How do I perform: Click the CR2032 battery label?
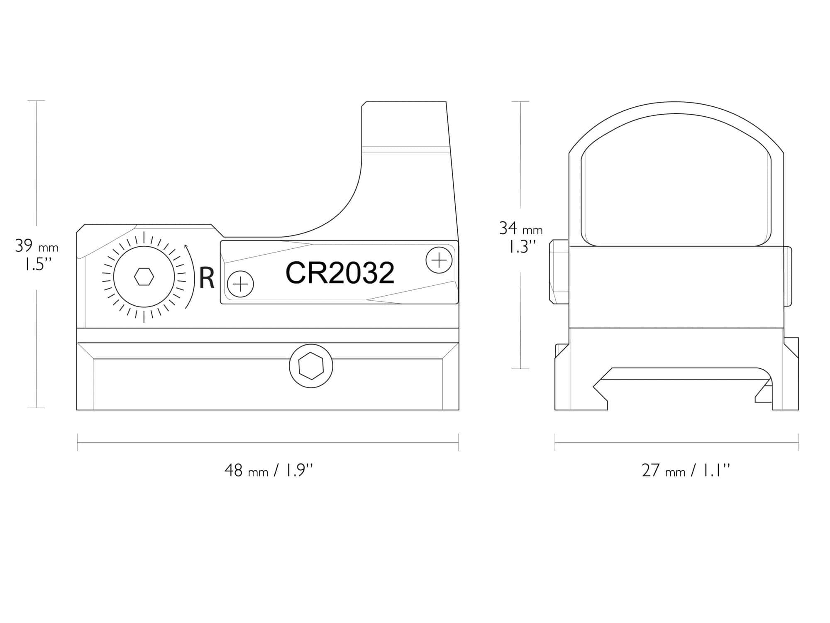pyautogui.click(x=340, y=273)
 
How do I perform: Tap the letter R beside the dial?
pyautogui.click(x=207, y=278)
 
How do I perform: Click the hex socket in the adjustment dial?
pyautogui.click(x=144, y=276)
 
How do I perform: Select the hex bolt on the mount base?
pyautogui.click(x=311, y=366)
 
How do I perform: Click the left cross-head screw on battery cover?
pyautogui.click(x=241, y=285)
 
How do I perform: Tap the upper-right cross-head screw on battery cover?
pyautogui.click(x=439, y=260)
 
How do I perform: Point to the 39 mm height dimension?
pyautogui.click(x=37, y=246)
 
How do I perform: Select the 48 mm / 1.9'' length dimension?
pyautogui.click(x=269, y=471)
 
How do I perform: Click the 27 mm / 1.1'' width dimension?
pyautogui.click(x=686, y=471)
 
